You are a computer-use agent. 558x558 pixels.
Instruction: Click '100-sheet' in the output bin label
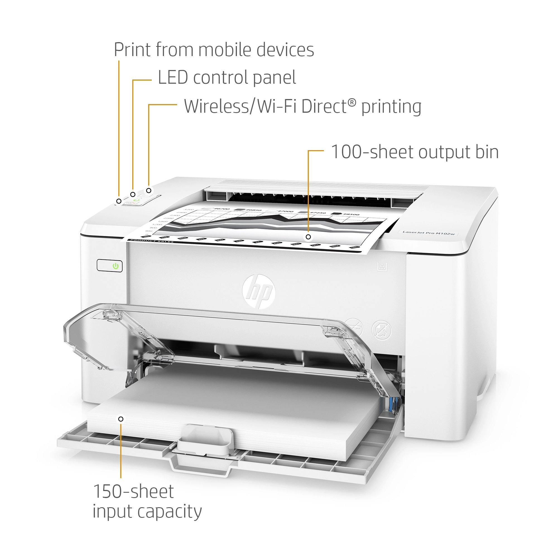[x=372, y=152]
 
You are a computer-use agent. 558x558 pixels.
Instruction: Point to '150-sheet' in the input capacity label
[x=133, y=491]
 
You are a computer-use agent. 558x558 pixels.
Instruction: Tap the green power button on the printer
[x=116, y=266]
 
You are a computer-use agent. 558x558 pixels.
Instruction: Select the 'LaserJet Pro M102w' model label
[x=428, y=232]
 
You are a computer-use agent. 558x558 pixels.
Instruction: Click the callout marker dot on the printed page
[x=308, y=237]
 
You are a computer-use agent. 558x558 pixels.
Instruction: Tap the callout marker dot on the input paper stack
[x=121, y=419]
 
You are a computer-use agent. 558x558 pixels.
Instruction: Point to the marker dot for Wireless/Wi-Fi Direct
[x=149, y=191]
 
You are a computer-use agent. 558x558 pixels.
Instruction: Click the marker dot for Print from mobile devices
[x=119, y=201]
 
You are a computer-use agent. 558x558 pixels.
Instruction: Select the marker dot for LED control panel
[x=133, y=194]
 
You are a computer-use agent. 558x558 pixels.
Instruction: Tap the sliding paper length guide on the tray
[x=205, y=439]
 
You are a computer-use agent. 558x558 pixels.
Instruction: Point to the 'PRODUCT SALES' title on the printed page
[x=151, y=241]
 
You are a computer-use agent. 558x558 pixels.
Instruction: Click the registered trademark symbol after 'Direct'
[x=352, y=102]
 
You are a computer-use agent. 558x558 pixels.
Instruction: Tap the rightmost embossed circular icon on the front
[x=381, y=330]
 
